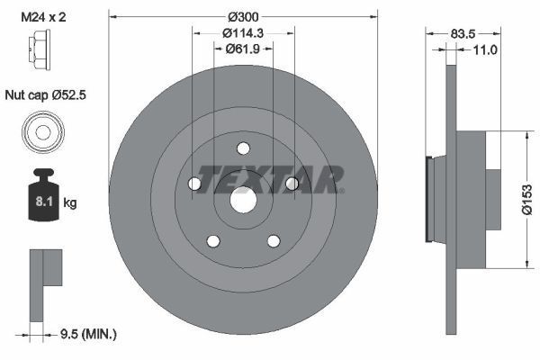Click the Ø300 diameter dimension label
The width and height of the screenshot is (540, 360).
tap(242, 17)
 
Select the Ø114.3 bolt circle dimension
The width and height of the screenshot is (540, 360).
tap(242, 35)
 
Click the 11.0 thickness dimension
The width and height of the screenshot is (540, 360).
tap(485, 51)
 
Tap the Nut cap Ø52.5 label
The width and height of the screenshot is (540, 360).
tap(48, 93)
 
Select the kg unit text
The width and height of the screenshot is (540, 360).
tap(70, 203)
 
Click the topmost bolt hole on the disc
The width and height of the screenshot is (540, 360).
tap(243, 149)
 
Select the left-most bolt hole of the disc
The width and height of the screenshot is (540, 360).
tap(194, 184)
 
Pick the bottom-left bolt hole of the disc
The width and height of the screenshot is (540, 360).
tap(213, 241)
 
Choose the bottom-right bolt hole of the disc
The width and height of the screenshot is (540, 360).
tap(273, 241)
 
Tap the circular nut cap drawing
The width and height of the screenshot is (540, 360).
tap(42, 132)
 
